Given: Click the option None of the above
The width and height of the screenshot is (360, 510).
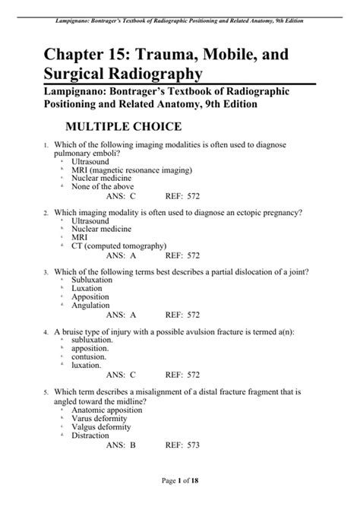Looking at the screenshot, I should point(103,186).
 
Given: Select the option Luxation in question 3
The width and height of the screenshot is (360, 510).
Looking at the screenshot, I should point(87,288).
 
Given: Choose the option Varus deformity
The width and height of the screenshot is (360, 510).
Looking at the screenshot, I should point(100,418).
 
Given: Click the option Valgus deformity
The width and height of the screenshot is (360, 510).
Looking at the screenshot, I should point(103,426).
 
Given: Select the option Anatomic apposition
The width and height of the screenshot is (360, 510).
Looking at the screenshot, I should point(109,410).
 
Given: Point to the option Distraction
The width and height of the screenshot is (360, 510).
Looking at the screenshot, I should point(90,436).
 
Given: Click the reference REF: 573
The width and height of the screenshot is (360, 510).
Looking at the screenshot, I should point(183,445).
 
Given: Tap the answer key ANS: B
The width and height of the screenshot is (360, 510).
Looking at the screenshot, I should point(121,445).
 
